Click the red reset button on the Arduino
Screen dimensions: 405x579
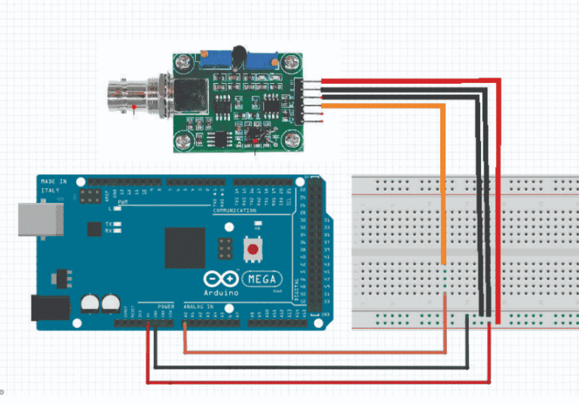pos(253,248)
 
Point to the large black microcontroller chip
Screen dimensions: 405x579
pos(185,247)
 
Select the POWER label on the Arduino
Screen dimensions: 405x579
pos(166,307)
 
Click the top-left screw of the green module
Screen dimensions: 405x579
pos(182,63)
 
